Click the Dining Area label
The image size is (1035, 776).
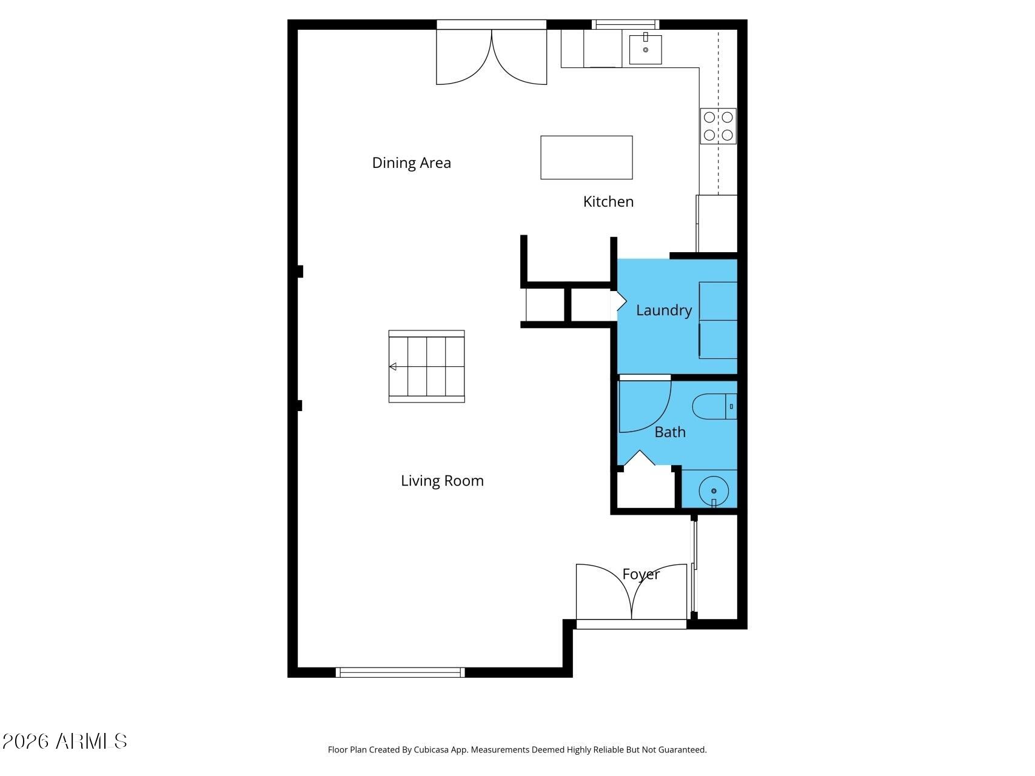(x=411, y=162)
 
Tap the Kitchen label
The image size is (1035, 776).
(x=608, y=201)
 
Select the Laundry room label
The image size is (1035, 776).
(x=664, y=310)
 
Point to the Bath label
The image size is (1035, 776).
(x=670, y=432)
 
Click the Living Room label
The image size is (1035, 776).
(x=442, y=481)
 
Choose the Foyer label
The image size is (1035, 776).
(x=641, y=574)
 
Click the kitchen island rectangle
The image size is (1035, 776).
(x=586, y=158)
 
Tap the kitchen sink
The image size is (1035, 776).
(x=645, y=48)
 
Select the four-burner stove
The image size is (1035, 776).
(x=718, y=126)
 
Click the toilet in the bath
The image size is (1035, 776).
(x=714, y=406)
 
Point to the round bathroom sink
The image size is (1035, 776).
(x=714, y=490)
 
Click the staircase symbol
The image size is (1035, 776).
(x=427, y=366)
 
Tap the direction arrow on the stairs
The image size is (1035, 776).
(x=393, y=366)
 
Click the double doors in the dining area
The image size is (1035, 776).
(x=492, y=55)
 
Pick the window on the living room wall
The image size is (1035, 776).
(x=400, y=672)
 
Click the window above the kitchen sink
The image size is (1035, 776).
(x=626, y=24)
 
